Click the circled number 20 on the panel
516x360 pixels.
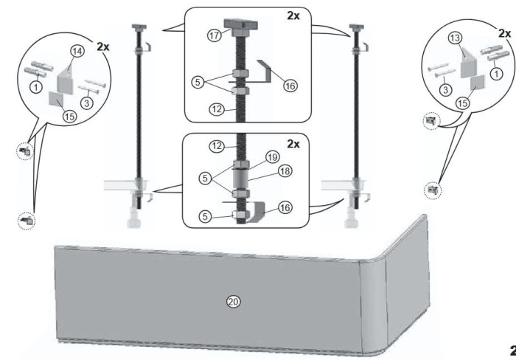pyautogui.click(x=234, y=302)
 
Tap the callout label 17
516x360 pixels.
pyautogui.click(x=215, y=35)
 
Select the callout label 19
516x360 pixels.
pyautogui.click(x=273, y=157)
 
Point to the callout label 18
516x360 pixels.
pyautogui.click(x=285, y=171)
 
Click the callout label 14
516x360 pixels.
pyautogui.click(x=77, y=51)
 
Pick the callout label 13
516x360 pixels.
pyautogui.click(x=455, y=38)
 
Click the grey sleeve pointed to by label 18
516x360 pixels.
pyautogui.click(x=241, y=179)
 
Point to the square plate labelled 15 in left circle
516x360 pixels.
pyautogui.click(x=56, y=99)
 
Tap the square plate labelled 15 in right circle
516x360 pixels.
pyautogui.click(x=477, y=83)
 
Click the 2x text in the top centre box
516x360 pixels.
pyautogui.click(x=293, y=15)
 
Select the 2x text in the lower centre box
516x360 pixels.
pyautogui.click(x=293, y=144)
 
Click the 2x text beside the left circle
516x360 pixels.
pyautogui.click(x=103, y=46)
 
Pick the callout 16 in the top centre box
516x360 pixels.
pyautogui.click(x=290, y=86)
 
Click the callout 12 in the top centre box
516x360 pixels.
pyautogui.click(x=217, y=109)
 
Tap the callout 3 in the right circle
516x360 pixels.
pyautogui.click(x=445, y=89)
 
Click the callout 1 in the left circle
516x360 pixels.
pyautogui.click(x=36, y=87)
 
